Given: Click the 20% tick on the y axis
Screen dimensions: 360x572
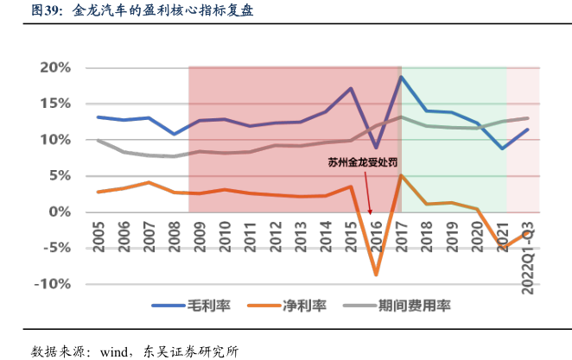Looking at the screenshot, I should click(53, 67).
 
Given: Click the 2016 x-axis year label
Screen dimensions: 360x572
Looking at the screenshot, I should click(377, 236).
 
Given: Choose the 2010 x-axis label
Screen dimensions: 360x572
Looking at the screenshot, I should click(225, 236).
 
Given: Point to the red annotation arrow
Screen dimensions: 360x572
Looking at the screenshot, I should click(368, 190).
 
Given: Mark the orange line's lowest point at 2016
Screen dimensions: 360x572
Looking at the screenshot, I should click(377, 275).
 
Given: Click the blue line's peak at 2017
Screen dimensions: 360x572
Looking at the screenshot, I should click(402, 77).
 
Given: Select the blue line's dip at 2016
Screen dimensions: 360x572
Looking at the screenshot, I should click(376, 148).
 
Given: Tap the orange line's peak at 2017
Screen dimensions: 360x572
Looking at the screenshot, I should click(402, 175).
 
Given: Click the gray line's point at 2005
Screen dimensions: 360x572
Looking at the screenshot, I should click(99, 140).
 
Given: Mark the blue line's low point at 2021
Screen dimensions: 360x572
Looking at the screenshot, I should click(503, 148).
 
